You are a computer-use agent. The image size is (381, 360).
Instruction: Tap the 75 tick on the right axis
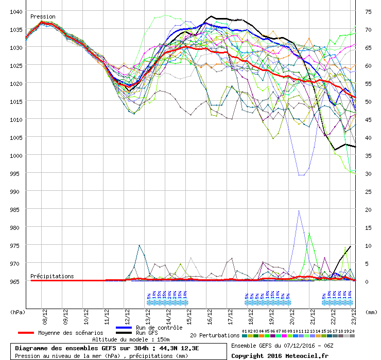tap(368, 11)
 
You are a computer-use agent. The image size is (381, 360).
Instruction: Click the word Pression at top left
tap(43, 17)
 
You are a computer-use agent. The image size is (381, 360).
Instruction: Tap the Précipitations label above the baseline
tap(52, 276)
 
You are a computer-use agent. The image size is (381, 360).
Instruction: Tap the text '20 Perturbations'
tap(214, 335)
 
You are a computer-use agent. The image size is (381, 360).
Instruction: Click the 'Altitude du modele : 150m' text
tap(131, 340)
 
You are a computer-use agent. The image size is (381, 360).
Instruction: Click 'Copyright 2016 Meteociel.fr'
tap(279, 355)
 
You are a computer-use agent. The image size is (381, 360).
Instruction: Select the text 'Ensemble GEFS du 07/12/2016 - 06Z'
tap(286, 346)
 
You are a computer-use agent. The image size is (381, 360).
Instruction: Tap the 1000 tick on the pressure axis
tap(15, 155)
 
